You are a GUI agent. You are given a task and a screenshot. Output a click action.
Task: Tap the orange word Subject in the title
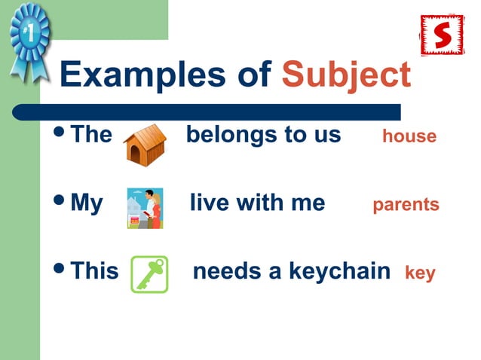[346, 75]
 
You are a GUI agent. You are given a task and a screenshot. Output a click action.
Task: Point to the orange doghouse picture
[144, 145]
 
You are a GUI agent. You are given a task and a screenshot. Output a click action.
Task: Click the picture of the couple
[146, 208]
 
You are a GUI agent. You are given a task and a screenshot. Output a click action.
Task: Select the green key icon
[149, 273]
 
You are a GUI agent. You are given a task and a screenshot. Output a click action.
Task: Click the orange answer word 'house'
[409, 136]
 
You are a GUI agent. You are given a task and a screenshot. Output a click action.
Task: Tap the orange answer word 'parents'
[406, 205]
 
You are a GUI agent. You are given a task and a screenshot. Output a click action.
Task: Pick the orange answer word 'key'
[420, 272]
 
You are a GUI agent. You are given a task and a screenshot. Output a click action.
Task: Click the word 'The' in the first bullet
[90, 135]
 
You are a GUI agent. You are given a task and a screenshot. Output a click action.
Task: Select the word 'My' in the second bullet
[86, 203]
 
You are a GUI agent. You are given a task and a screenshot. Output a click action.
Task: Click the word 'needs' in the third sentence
[224, 270]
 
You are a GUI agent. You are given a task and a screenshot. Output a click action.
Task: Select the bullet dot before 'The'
[60, 133]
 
